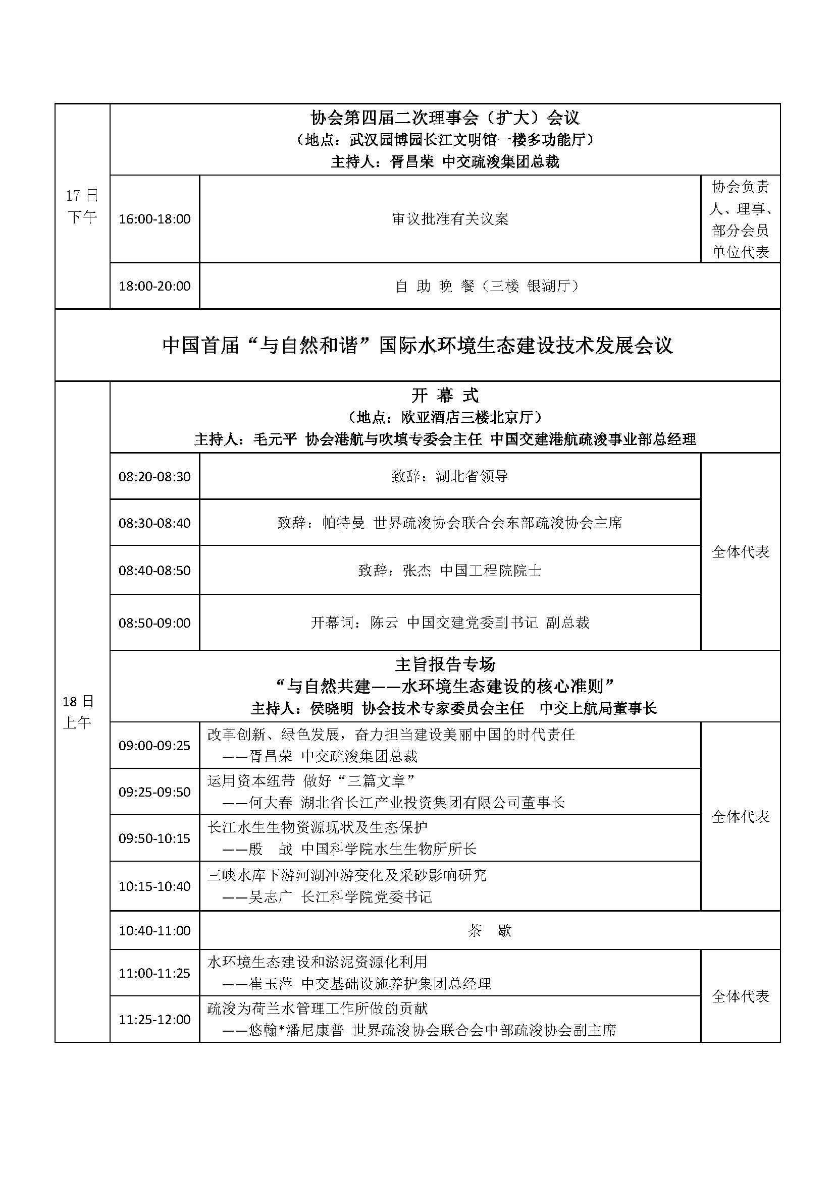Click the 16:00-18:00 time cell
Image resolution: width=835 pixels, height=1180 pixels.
coord(154,219)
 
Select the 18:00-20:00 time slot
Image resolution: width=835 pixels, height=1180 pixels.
coord(154,286)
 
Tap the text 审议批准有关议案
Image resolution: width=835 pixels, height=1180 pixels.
coord(450,219)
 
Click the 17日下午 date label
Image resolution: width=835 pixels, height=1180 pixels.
coord(82,206)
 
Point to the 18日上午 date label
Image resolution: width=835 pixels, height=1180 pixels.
coord(78,712)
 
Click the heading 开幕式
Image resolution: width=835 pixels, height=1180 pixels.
coord(445,395)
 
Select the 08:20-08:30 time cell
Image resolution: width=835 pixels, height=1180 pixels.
coord(154,476)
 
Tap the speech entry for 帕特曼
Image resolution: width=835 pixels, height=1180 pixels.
coord(450,523)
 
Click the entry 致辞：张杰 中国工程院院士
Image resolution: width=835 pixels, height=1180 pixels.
coord(450,571)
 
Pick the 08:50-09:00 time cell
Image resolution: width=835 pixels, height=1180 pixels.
coord(154,623)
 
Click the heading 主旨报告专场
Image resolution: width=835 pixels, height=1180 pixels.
coord(445,664)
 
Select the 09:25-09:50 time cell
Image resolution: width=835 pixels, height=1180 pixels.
coord(154,792)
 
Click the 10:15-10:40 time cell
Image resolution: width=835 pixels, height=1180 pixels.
coord(154,886)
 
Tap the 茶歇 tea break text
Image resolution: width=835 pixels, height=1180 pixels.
coord(490,930)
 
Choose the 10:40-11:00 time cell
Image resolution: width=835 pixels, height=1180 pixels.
coord(154,930)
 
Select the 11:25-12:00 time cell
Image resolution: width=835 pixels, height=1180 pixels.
coord(154,1020)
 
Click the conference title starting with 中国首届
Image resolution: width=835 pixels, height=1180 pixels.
coord(417,346)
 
